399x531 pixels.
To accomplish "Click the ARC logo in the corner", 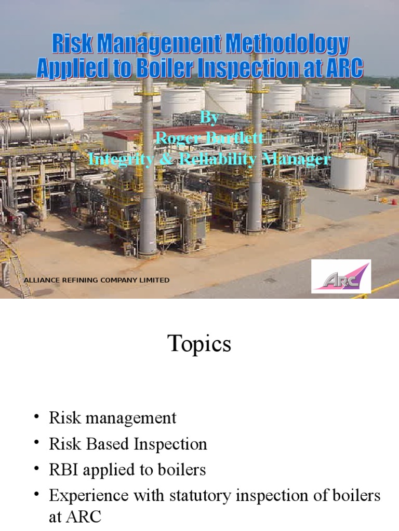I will (x=341, y=276).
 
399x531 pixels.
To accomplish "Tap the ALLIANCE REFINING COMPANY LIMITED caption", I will (x=97, y=280).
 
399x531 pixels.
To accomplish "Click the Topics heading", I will (x=199, y=344).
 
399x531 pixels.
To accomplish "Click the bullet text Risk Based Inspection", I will (x=128, y=444).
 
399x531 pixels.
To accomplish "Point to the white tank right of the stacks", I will (x=348, y=171).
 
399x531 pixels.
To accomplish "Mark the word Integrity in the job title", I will (x=121, y=158).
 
